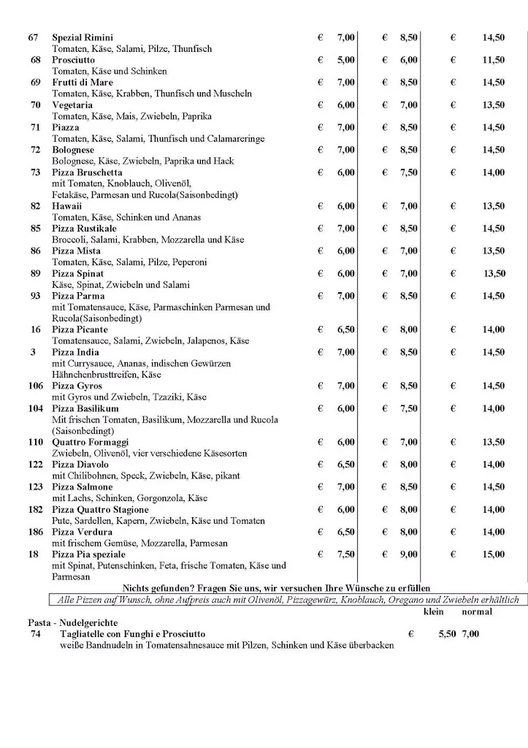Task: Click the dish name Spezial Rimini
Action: point(83,37)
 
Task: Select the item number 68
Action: point(35,60)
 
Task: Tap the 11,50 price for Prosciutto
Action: point(493,60)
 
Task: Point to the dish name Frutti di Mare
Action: point(83,83)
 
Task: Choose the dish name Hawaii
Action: point(67,206)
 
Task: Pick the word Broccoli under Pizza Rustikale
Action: point(69,240)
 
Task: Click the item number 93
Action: point(35,296)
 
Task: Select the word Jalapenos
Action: point(207,340)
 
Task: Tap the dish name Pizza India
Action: point(77,352)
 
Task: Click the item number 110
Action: point(35,442)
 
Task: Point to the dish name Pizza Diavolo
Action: point(80,465)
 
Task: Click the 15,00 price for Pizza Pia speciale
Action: point(493,554)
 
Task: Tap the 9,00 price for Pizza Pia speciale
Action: point(408,554)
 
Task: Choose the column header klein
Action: point(434,611)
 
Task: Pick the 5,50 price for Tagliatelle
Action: point(447,634)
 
